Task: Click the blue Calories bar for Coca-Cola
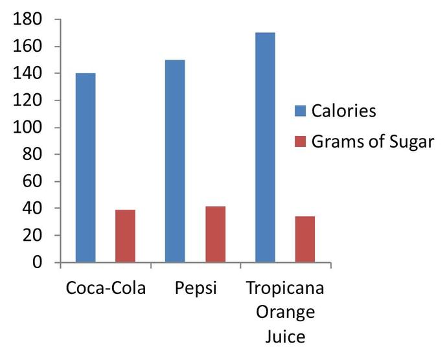pos(86,168)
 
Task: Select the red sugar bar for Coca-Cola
pos(125,236)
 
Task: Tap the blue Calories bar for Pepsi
pos(175,161)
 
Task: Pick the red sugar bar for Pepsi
pos(215,234)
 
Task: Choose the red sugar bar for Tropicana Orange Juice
pos(304,240)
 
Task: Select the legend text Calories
pos(343,111)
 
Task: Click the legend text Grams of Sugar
pos(372,142)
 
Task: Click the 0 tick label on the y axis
pos(38,263)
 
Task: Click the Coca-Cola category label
pos(106,287)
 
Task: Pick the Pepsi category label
pos(195,287)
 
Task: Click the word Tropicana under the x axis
pos(285,287)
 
